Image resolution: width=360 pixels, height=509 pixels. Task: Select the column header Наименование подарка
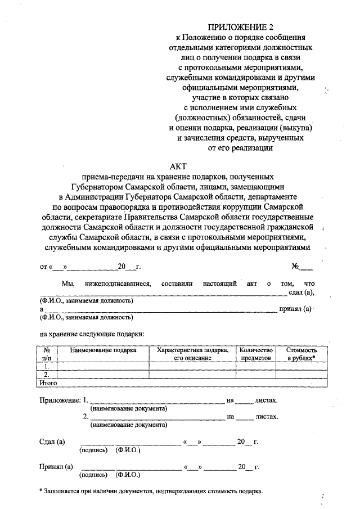pyautogui.click(x=103, y=350)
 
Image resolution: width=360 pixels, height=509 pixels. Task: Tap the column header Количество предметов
pyautogui.click(x=256, y=353)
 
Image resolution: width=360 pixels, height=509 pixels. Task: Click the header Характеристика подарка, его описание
pyautogui.click(x=192, y=353)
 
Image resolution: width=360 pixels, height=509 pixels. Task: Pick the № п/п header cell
pyautogui.click(x=47, y=353)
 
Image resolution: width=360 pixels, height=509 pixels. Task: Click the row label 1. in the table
pyautogui.click(x=47, y=366)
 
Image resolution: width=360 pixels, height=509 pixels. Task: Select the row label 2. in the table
pyautogui.click(x=47, y=374)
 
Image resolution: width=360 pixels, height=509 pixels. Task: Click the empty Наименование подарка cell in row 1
pyautogui.click(x=103, y=366)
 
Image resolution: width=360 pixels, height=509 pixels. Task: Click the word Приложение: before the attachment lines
pyautogui.click(x=59, y=400)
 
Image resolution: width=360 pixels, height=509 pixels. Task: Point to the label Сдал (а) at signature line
pyautogui.click(x=52, y=442)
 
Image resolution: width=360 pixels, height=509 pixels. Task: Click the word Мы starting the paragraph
pyautogui.click(x=68, y=283)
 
